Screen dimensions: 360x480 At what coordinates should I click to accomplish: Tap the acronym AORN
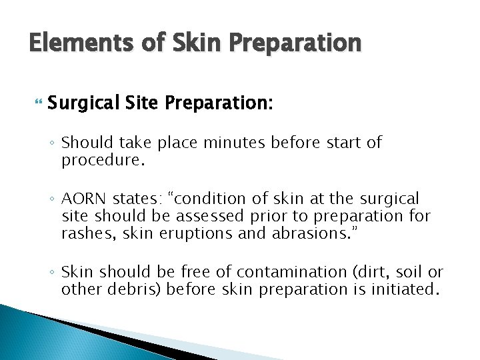click(x=83, y=199)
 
